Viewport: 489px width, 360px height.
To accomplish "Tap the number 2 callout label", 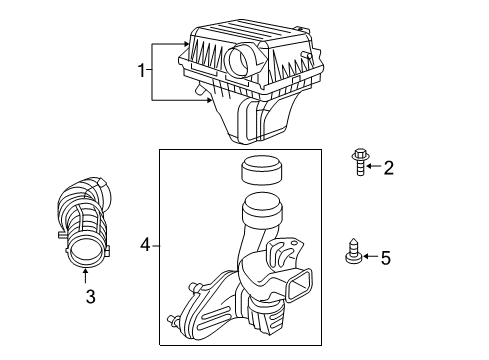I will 389,167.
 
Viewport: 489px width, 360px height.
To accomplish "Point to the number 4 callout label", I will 145,243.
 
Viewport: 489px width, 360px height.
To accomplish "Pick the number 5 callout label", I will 386,258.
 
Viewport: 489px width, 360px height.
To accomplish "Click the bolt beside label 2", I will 358,161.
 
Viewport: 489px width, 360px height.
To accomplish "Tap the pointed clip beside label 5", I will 353,251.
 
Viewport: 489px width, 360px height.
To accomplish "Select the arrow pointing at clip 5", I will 370,258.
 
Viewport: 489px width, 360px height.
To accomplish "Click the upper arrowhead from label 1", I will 186,44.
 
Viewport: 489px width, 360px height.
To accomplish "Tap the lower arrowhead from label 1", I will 204,99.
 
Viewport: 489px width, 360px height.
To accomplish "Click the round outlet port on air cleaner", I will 241,63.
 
